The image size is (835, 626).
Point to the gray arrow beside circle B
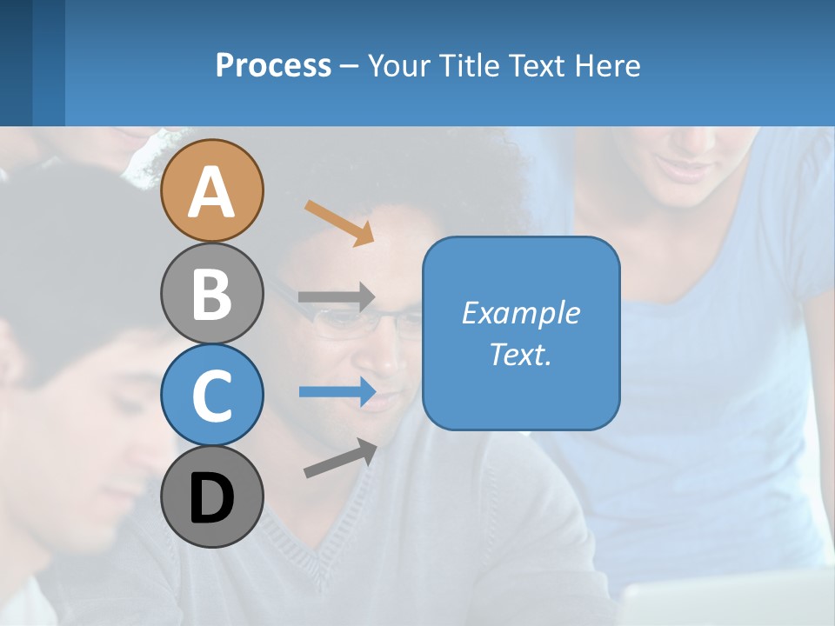point(337,296)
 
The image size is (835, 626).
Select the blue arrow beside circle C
point(337,392)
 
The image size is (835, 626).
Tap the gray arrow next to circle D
point(340,458)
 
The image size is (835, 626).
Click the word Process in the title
point(273,65)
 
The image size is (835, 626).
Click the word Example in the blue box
point(520,313)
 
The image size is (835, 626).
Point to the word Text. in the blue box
point(520,354)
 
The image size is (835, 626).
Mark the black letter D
point(211,499)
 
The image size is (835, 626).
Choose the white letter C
point(211,396)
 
